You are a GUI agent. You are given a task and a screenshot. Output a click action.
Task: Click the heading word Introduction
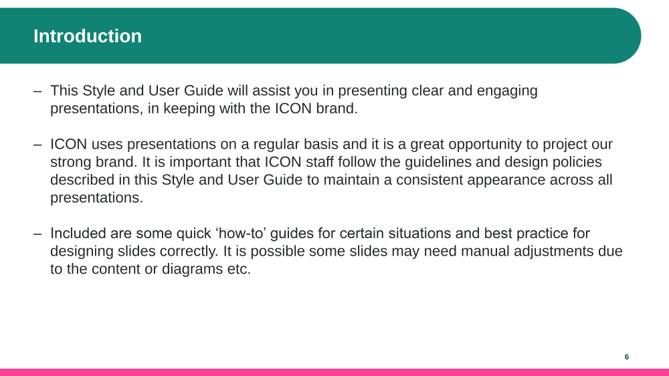tap(88, 36)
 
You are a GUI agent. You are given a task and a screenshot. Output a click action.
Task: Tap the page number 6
tap(627, 357)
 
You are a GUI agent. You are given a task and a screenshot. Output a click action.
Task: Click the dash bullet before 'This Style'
tap(37, 91)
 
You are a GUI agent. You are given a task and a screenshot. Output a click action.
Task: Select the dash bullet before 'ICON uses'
tap(37, 145)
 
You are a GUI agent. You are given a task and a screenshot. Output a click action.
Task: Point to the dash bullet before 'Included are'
tap(37, 233)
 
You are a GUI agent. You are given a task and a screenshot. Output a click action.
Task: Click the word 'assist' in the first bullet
tap(266, 90)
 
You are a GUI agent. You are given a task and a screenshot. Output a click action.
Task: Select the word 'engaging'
tap(507, 92)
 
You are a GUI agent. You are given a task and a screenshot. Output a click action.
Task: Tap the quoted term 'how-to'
tap(244, 233)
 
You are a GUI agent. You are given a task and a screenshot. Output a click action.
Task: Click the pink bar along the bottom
tap(334, 372)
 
